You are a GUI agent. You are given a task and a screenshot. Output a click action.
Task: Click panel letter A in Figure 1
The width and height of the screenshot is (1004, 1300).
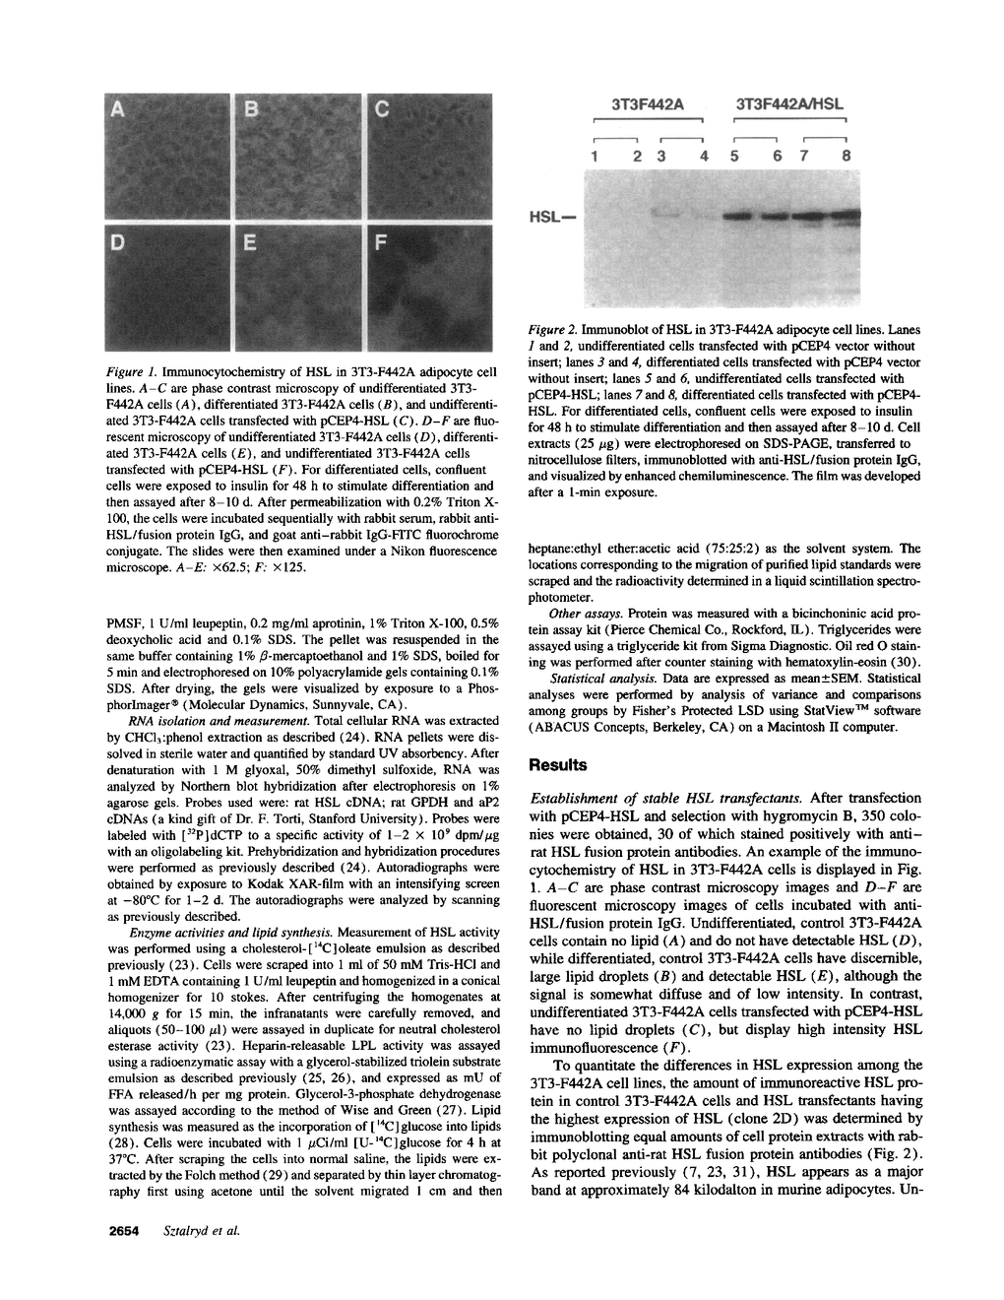click(118, 110)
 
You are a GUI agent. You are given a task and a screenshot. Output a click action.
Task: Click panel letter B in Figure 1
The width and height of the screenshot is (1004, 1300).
click(250, 110)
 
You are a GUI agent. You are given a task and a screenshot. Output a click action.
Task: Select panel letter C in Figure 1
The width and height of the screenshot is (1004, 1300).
click(382, 110)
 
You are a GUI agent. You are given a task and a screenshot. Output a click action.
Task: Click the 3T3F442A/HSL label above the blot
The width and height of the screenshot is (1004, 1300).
click(790, 102)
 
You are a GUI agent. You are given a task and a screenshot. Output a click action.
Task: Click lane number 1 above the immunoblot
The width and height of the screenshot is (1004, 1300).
click(595, 156)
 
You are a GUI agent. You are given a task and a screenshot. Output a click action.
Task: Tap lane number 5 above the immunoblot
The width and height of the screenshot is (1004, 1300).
click(734, 156)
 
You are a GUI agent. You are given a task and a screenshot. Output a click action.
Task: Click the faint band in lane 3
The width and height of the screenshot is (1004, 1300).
click(666, 212)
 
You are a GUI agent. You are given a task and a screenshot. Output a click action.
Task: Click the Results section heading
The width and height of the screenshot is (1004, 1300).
click(558, 764)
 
